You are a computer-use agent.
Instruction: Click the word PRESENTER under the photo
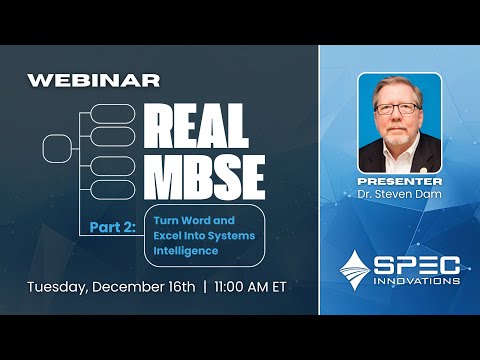398,179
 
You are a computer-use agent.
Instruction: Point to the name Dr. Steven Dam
398,192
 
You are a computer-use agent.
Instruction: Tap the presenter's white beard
398,133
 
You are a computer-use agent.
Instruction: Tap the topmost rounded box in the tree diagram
113,112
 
